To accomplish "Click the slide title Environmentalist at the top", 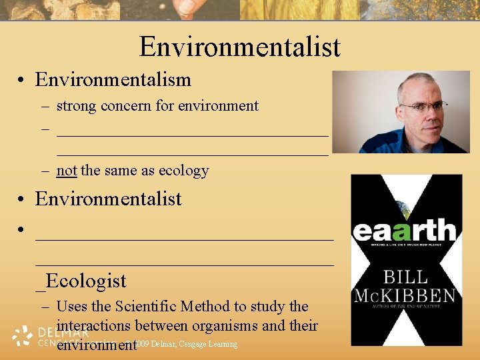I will [239, 47].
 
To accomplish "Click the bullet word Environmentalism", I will [113, 79].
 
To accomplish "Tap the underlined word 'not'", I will [67, 171].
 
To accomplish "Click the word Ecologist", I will [86, 281].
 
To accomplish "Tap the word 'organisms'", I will [231, 326].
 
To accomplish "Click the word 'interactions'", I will [95, 326].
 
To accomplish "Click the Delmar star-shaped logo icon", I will [22, 335].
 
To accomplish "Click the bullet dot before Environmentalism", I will [23, 80].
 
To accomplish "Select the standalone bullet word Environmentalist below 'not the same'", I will [109, 199].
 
